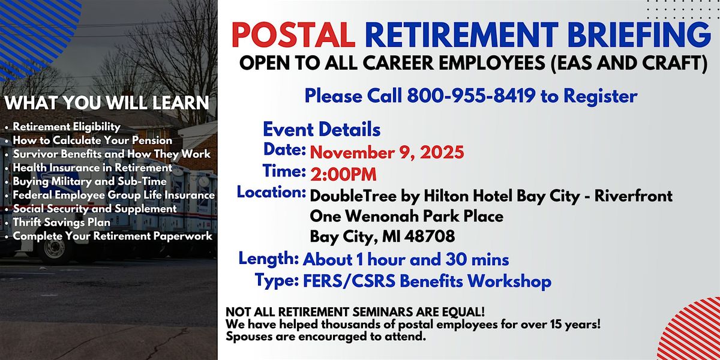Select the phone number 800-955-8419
click(x=472, y=96)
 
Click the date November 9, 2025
click(x=387, y=152)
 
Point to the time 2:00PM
click(x=344, y=175)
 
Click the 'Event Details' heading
click(x=322, y=129)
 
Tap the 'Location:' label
click(x=271, y=193)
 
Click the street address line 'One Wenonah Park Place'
click(x=406, y=215)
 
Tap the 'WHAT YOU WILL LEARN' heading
click(x=107, y=103)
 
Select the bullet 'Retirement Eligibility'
click(x=67, y=127)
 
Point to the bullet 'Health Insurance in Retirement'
click(x=92, y=168)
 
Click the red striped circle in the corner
click(x=695, y=332)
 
